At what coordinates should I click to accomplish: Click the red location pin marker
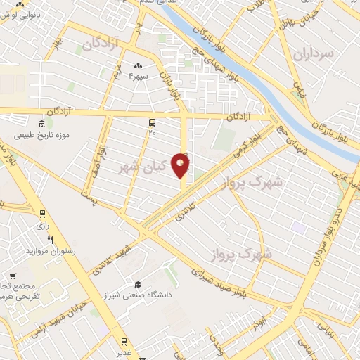[181, 165]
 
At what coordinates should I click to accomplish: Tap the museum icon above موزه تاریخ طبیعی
[42, 122]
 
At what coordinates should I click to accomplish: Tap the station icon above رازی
[42, 214]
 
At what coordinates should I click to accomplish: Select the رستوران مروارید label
[51, 251]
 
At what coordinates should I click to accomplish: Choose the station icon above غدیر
[124, 342]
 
